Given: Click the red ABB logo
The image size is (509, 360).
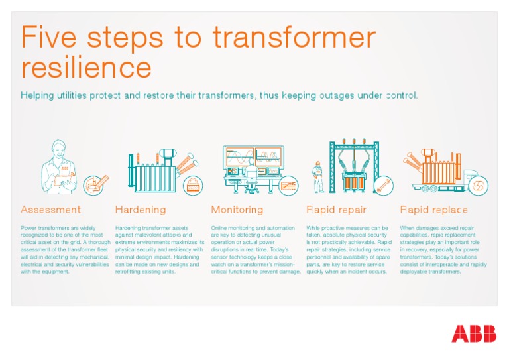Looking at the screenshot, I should (473, 333).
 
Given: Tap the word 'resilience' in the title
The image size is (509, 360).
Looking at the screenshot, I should (86, 67).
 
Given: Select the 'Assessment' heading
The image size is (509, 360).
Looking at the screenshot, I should (50, 210).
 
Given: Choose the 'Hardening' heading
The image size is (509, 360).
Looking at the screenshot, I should (141, 210).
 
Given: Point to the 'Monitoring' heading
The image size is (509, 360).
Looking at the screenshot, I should (237, 210).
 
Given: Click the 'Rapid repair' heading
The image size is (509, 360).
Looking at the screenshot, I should (336, 210).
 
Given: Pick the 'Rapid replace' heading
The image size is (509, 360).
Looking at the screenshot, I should (433, 210).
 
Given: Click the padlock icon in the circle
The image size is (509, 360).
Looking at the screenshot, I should (194, 185).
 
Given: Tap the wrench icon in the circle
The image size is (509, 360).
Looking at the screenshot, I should (384, 186).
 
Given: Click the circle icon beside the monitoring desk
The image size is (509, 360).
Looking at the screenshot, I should (288, 185).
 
